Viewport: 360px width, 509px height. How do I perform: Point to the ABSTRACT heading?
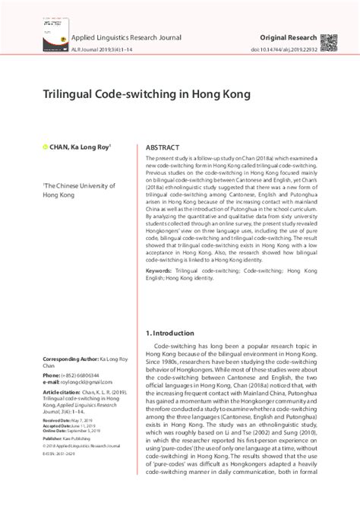pos(165,147)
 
